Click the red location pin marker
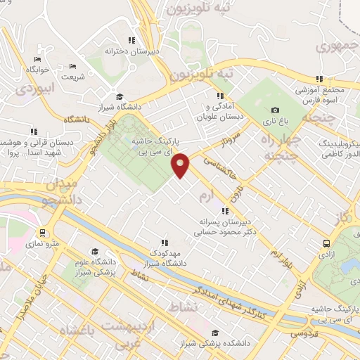pos(181,165)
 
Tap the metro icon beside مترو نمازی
pos(43,232)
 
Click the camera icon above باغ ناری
pos(275,110)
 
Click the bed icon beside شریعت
pos(73,67)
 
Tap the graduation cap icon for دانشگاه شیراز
pos(120,96)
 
